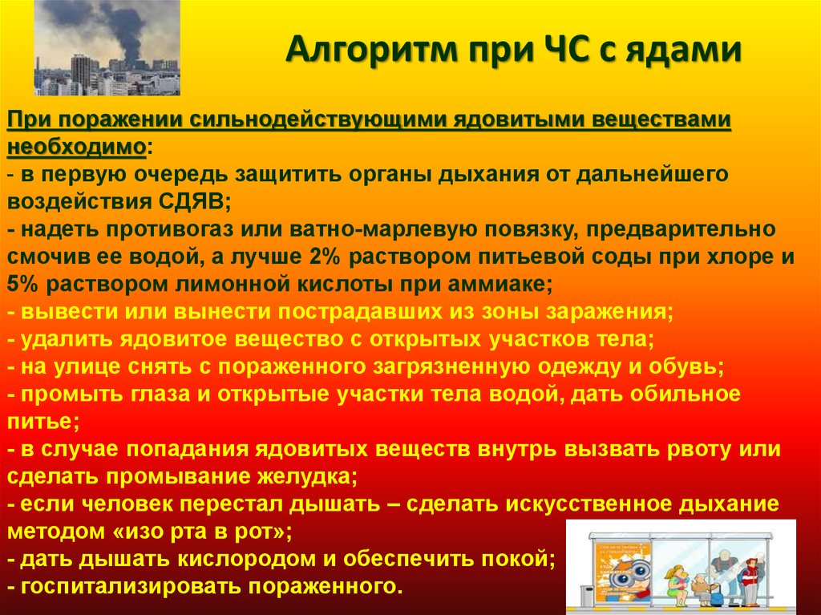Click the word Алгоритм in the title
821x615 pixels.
coord(371,51)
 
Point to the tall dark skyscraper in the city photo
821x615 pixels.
coord(81,73)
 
